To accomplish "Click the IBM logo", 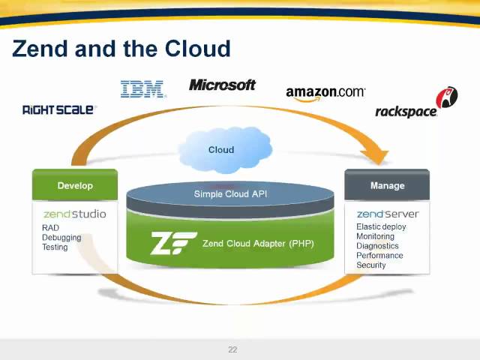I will [142, 89].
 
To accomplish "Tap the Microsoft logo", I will [222, 85].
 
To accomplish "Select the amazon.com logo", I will [325, 94].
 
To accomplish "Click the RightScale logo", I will [58, 109].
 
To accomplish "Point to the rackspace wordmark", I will [406, 112].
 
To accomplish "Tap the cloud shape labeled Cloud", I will [221, 149].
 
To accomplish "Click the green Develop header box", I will [75, 185].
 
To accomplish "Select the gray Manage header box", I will [387, 185].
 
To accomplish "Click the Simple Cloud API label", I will [230, 193].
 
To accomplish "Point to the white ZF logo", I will [173, 243].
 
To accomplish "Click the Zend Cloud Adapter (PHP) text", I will [258, 243].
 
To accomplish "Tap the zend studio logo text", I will [74, 214].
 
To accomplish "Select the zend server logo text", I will [387, 214].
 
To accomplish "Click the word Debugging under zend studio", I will [61, 238].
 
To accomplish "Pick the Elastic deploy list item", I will [381, 226].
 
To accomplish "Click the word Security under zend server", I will [371, 265].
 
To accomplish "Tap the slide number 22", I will [232, 349].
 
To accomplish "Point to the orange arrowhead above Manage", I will [379, 157].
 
